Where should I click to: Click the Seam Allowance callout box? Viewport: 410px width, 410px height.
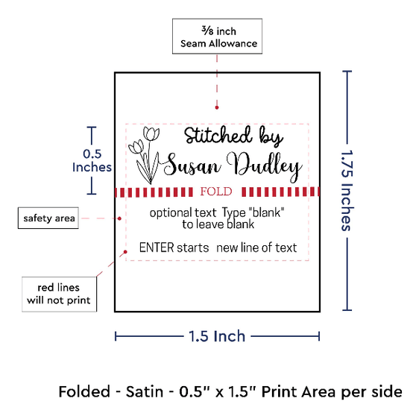tap(217, 36)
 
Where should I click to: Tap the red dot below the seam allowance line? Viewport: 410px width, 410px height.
tap(217, 107)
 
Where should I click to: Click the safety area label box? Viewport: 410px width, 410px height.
tap(48, 218)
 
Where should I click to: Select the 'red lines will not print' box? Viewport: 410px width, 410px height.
tap(59, 294)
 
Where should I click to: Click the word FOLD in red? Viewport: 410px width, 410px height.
tap(216, 192)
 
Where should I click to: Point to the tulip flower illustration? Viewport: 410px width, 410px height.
tap(144, 155)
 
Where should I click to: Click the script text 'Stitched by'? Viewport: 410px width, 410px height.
tap(233, 136)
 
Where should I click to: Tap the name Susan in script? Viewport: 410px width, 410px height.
tap(192, 165)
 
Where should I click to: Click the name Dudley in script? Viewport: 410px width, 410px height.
tap(265, 166)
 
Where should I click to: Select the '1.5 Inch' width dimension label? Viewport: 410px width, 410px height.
tap(217, 336)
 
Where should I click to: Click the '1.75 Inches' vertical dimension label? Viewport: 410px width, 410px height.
tap(347, 190)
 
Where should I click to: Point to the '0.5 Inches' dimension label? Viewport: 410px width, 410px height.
tap(92, 160)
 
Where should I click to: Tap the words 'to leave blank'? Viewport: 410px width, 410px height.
tap(218, 224)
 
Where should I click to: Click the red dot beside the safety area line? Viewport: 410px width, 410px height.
tap(119, 218)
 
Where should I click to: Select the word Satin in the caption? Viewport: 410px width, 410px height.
tap(145, 391)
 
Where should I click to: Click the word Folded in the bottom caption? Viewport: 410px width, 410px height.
tap(84, 391)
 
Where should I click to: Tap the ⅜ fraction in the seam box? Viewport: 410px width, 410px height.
tap(207, 31)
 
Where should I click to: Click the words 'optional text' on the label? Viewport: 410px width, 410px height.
tap(183, 213)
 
